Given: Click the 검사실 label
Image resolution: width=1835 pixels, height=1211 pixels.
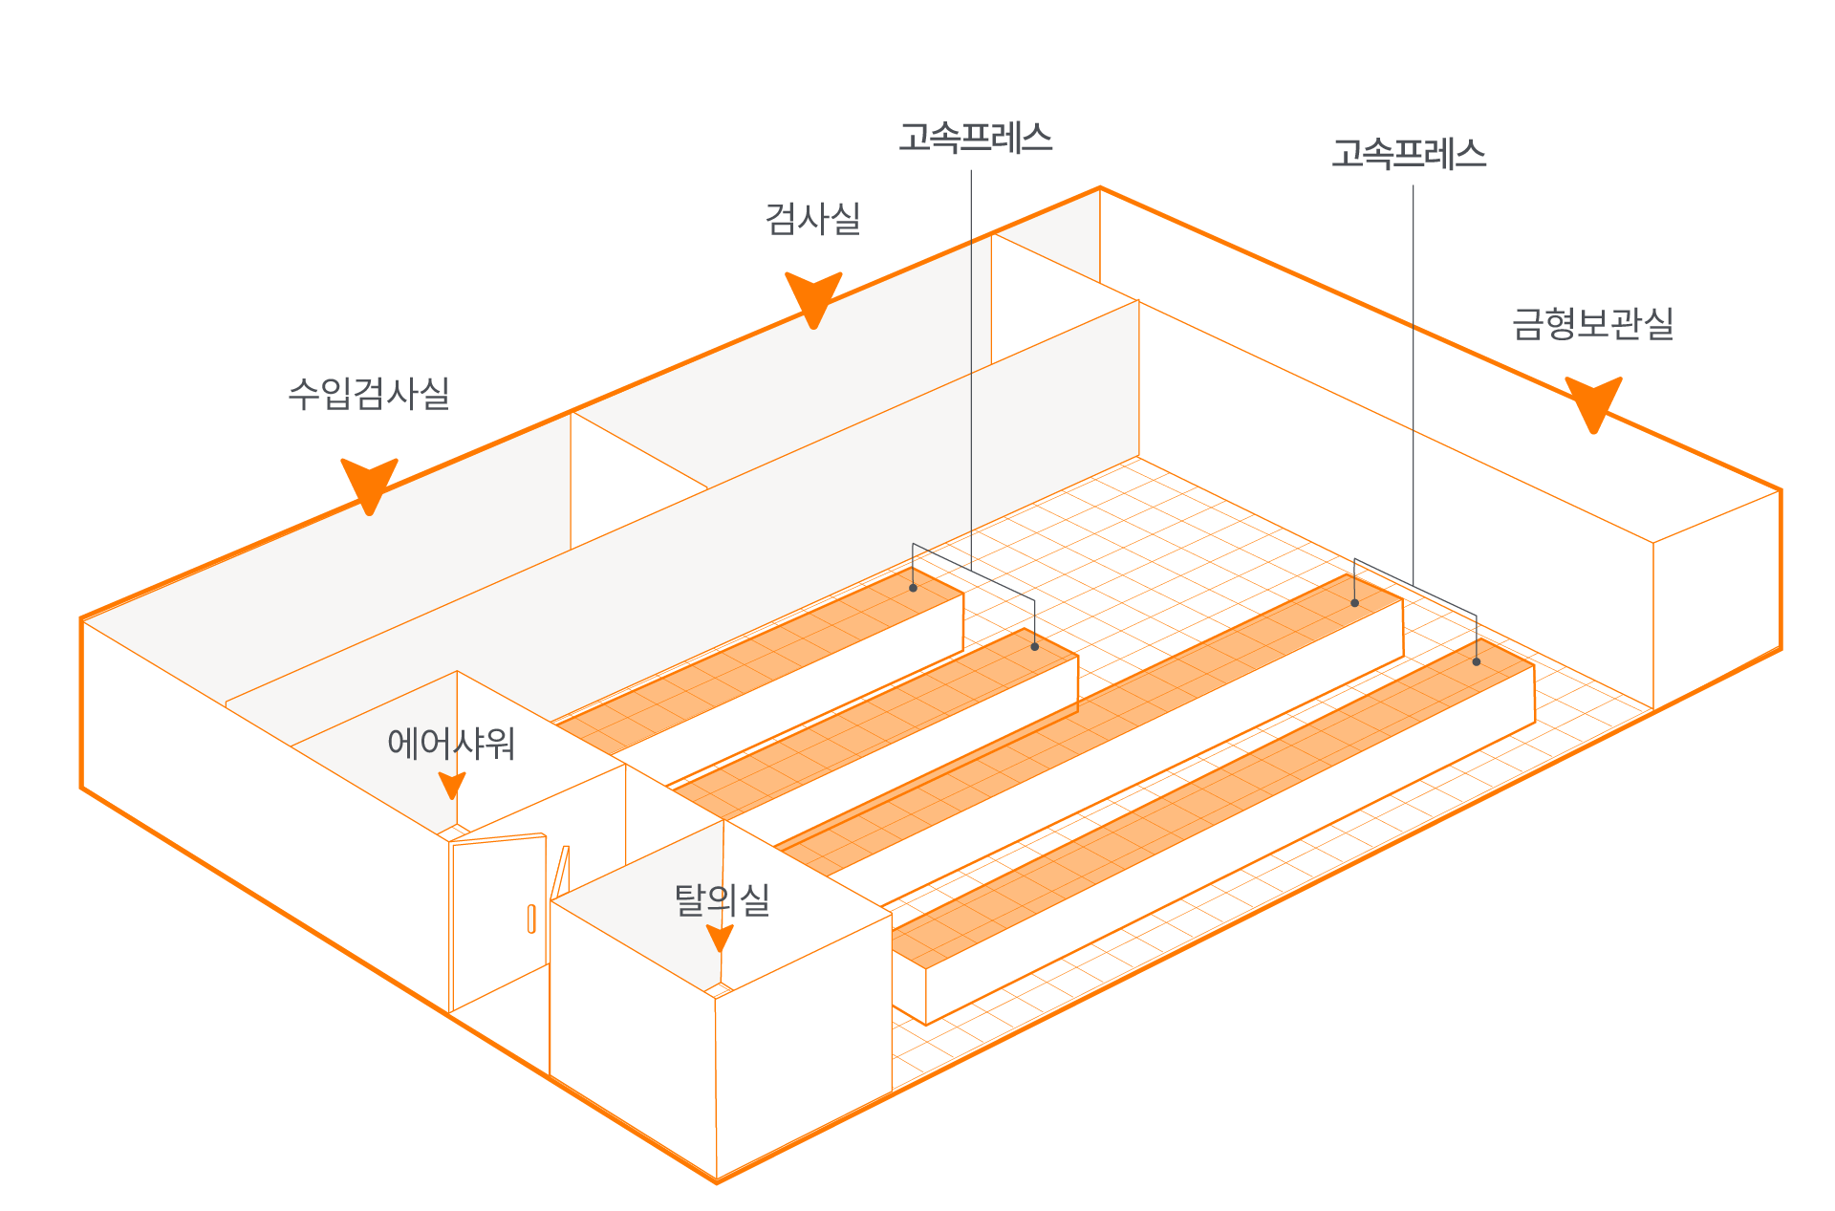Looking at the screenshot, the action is click(x=812, y=219).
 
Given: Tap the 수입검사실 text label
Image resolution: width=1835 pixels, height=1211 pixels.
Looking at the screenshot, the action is click(x=369, y=393).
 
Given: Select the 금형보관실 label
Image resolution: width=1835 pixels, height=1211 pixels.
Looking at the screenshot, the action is click(x=1592, y=324).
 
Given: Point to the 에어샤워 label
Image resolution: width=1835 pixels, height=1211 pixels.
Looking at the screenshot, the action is click(x=451, y=743).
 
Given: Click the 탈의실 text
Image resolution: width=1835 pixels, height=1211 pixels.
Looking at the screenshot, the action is click(x=722, y=899).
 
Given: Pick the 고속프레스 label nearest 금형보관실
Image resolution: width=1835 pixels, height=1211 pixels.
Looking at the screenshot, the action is click(x=1409, y=154).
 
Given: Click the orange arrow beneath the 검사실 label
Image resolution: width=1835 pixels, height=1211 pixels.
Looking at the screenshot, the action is click(x=813, y=297).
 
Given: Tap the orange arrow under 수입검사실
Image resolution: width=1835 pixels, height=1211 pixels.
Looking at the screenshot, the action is click(x=369, y=484).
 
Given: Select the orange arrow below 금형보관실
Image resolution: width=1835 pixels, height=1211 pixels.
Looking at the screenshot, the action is click(x=1593, y=402).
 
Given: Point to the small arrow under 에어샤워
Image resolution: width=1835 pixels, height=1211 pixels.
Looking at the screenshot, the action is click(x=452, y=786).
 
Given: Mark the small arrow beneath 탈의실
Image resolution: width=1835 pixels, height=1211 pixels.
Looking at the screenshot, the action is click(x=720, y=938).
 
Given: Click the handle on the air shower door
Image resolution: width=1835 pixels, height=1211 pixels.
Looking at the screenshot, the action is click(x=531, y=919).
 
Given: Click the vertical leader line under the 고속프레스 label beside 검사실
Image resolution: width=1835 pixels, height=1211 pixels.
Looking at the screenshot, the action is click(x=971, y=363).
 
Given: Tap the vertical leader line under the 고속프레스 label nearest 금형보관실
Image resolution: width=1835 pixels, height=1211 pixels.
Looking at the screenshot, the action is click(x=1414, y=382).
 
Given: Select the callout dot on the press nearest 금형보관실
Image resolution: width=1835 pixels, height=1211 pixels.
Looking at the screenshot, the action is click(x=1477, y=661).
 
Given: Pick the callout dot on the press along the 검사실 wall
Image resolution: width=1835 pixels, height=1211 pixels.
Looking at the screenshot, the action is click(x=913, y=588).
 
